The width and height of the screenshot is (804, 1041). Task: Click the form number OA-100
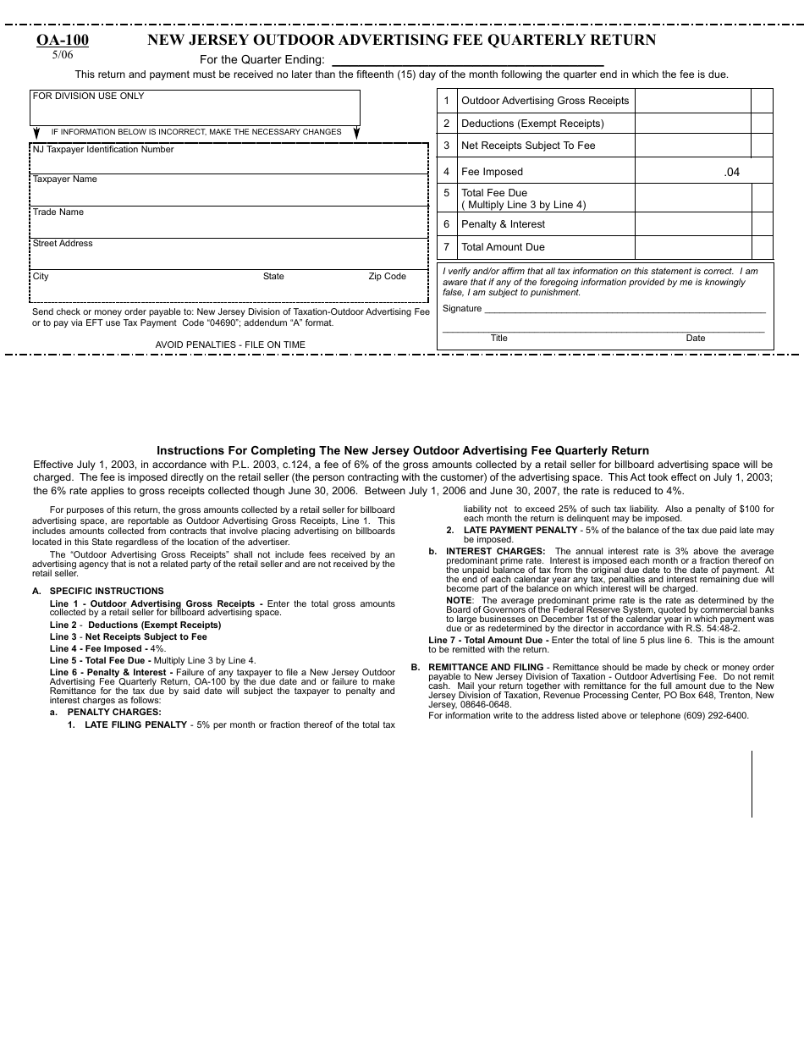[63, 40]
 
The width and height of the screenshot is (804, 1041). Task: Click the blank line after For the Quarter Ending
[467, 61]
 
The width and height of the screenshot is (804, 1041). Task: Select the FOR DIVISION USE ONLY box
[195, 108]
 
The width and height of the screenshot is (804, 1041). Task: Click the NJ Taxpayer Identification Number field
[229, 159]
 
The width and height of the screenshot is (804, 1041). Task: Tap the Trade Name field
[229, 223]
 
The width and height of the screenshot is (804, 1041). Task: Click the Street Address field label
[63, 244]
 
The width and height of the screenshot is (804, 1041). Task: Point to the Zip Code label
[387, 277]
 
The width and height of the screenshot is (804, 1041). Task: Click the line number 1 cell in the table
[447, 101]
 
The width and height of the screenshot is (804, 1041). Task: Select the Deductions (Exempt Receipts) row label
[532, 124]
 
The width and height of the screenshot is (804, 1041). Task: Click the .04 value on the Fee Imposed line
[731, 172]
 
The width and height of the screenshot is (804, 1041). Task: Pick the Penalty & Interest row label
[503, 224]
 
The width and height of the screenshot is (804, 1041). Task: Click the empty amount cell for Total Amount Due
[692, 247]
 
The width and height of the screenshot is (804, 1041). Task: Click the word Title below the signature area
[499, 339]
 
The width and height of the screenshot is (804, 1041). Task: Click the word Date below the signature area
[696, 339]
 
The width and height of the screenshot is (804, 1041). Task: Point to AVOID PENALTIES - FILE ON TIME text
[230, 344]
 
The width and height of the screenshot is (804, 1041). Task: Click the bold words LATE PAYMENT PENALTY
[520, 530]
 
